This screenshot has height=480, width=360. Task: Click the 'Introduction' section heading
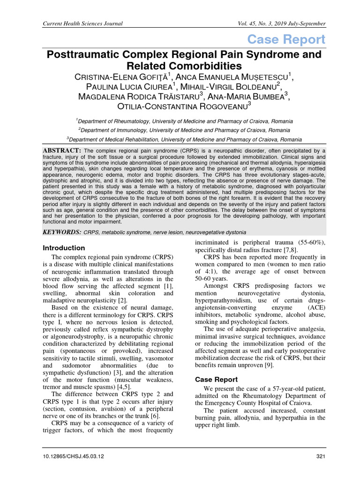point(64,247)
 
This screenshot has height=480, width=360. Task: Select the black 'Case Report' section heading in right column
point(216,379)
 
